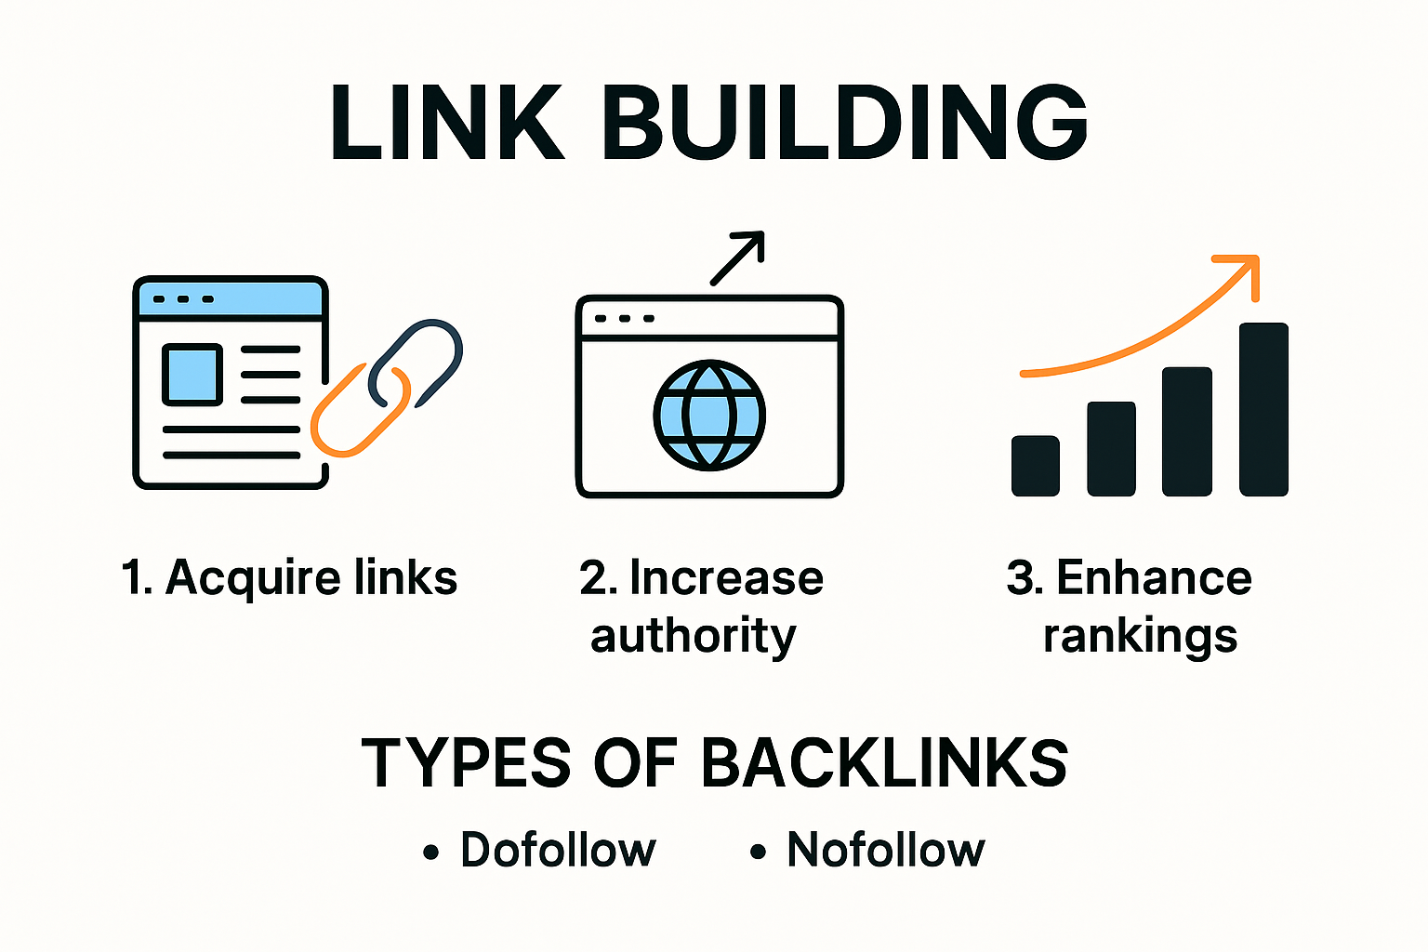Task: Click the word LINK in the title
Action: (446, 122)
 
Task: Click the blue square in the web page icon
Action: (192, 375)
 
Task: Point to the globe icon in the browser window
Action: (709, 415)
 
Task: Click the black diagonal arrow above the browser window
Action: (737, 258)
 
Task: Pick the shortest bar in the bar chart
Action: (1036, 466)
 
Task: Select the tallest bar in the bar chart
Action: (1263, 409)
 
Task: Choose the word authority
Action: (694, 636)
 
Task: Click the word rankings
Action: (1141, 636)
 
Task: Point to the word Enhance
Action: (1155, 577)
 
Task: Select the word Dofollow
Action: (558, 850)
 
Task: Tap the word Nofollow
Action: (886, 850)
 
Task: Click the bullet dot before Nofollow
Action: (758, 852)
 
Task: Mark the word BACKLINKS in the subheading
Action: (884, 763)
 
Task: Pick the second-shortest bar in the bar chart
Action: (1111, 448)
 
